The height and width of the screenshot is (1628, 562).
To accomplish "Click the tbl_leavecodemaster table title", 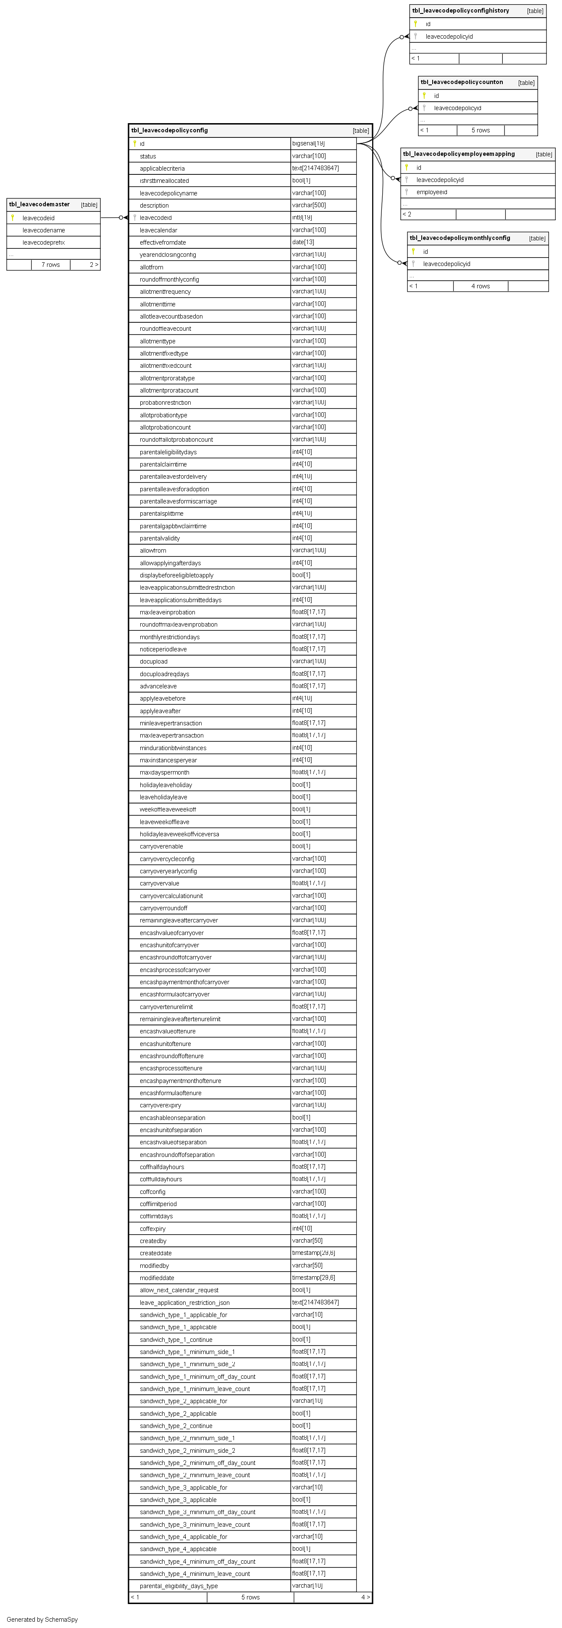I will [x=39, y=205].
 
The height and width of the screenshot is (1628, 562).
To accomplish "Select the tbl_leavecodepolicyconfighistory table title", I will [x=460, y=11].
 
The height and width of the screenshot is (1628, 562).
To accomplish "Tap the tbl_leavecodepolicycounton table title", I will [x=462, y=82].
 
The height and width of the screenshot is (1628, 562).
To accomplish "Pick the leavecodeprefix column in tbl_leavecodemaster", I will [x=44, y=242].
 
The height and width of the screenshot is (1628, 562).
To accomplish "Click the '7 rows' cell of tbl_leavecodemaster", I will [x=50, y=265].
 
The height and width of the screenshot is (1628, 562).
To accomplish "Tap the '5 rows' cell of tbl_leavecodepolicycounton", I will [x=481, y=130].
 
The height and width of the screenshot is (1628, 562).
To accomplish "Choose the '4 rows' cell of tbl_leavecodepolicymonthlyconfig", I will [x=481, y=286].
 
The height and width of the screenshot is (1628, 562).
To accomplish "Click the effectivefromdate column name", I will [x=163, y=242].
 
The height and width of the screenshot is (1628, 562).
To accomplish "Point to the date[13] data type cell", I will [x=303, y=242].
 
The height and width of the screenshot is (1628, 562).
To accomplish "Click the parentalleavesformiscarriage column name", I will [x=178, y=501].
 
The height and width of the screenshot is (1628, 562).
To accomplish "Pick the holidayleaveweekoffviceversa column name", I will [x=179, y=834].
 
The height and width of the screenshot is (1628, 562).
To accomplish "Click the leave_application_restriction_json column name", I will [x=184, y=1303].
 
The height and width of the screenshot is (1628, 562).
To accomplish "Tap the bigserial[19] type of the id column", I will [x=308, y=143].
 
